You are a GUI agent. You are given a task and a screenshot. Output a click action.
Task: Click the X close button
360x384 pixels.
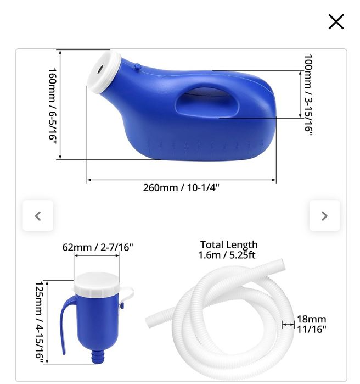336,22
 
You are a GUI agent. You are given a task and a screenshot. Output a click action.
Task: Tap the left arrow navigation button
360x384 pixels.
38,216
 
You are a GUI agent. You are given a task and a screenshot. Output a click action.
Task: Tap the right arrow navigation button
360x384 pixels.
324,216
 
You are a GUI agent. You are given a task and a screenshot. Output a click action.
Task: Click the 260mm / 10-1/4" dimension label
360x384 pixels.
181,188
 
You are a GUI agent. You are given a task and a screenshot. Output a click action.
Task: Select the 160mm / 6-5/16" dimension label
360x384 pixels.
53,105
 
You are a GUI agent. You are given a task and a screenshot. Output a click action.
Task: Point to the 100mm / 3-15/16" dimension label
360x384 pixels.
308,94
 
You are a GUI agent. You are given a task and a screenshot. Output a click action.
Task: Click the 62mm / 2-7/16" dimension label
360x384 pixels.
97,247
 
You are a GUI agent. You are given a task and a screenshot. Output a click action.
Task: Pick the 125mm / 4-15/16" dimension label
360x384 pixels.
39,322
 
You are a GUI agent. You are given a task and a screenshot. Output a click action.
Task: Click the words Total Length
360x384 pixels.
229,245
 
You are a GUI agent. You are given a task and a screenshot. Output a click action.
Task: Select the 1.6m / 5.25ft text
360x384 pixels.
227,255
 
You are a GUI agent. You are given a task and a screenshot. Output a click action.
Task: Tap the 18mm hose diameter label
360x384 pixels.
311,319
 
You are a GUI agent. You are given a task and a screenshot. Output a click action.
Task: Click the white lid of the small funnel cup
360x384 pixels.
97,282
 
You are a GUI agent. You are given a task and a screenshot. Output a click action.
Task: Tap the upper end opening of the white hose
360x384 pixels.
280,264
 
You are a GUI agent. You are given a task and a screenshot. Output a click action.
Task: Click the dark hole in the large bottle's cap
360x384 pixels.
101,70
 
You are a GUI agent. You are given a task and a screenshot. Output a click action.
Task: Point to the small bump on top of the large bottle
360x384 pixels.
137,67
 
